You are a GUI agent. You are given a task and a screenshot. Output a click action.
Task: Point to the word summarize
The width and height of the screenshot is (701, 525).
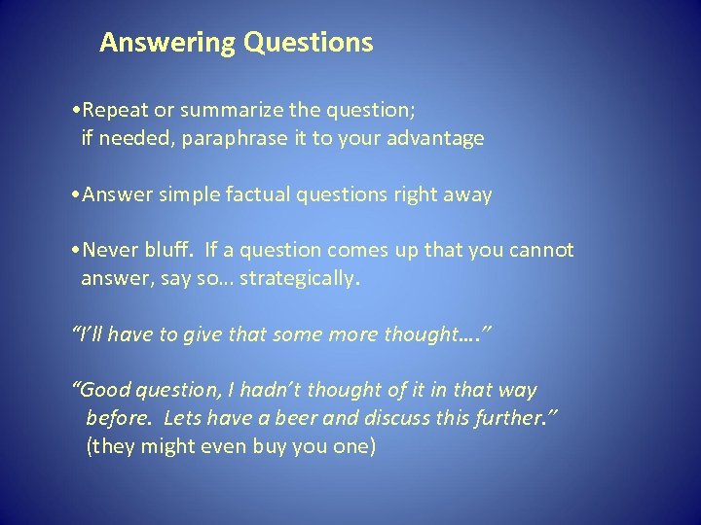tap(231, 109)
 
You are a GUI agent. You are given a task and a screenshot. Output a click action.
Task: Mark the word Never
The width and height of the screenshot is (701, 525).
tap(110, 251)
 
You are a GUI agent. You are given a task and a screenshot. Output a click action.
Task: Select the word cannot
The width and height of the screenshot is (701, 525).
tap(540, 251)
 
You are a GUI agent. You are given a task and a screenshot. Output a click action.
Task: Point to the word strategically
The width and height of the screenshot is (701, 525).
tap(300, 280)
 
